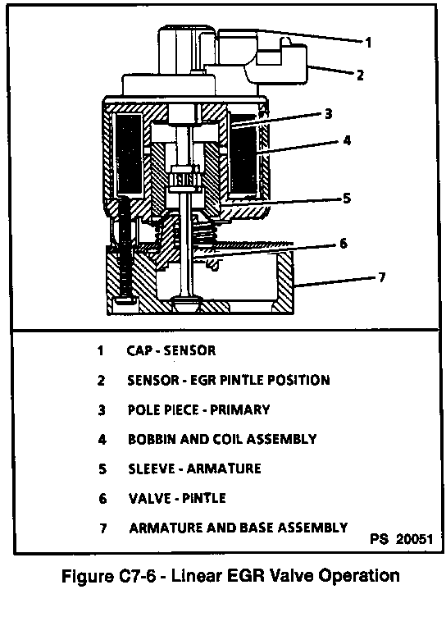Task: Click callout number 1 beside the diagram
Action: [x=368, y=42]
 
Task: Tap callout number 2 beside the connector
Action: [x=360, y=75]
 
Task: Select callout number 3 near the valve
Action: [x=329, y=114]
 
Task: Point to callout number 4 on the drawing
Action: [x=347, y=140]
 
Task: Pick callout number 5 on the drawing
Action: [x=347, y=198]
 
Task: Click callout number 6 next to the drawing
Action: [x=344, y=243]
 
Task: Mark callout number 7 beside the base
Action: [x=381, y=277]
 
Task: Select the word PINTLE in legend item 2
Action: [x=243, y=380]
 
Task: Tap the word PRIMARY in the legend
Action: [x=240, y=409]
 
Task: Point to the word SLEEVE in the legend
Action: [x=152, y=468]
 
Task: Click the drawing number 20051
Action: [x=414, y=539]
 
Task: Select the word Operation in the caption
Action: [x=359, y=577]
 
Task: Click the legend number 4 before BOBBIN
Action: [x=102, y=439]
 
